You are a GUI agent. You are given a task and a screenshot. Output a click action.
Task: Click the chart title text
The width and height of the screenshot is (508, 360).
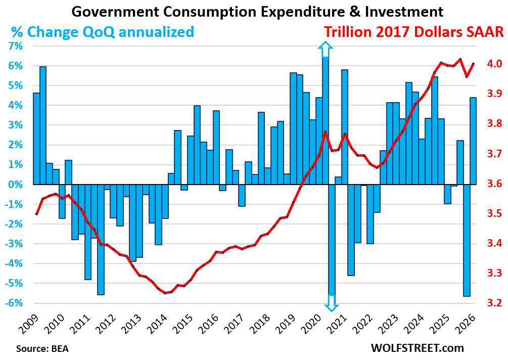pos(257,11)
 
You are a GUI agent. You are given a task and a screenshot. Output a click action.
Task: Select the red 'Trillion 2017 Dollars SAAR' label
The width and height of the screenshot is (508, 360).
pos(414,32)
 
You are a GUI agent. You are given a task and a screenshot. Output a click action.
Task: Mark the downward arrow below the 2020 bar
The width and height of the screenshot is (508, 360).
pos(332,302)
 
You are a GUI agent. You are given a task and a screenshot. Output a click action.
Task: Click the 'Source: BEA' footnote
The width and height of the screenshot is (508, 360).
pos(42,348)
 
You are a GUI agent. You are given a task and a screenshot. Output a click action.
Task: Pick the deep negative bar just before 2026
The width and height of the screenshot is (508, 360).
pos(467,240)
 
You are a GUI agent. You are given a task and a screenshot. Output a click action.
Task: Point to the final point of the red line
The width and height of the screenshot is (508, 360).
pos(473,64)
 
